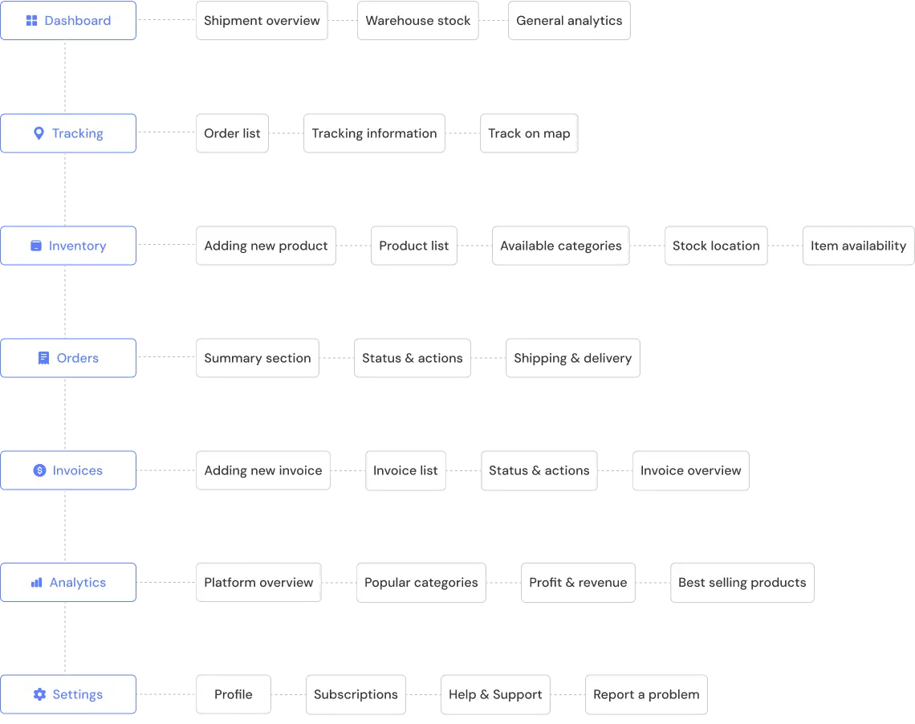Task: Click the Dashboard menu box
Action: [x=68, y=21]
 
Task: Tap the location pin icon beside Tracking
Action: [x=39, y=133]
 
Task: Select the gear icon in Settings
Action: [x=39, y=694]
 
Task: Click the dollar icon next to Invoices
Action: [x=39, y=470]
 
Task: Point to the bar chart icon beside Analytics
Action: [x=37, y=583]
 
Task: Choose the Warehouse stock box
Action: [x=417, y=21]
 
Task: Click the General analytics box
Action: [x=569, y=21]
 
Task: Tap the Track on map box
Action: [x=529, y=133]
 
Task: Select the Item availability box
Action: [x=858, y=246]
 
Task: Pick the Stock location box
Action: [x=715, y=246]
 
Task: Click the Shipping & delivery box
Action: [x=572, y=358]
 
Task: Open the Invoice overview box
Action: [x=690, y=470]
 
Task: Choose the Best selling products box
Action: [x=742, y=583]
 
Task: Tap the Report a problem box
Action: [x=646, y=694]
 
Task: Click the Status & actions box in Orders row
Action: [x=412, y=358]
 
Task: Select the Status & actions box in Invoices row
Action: [x=539, y=470]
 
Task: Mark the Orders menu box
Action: [x=68, y=358]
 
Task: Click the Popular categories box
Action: [x=421, y=583]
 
